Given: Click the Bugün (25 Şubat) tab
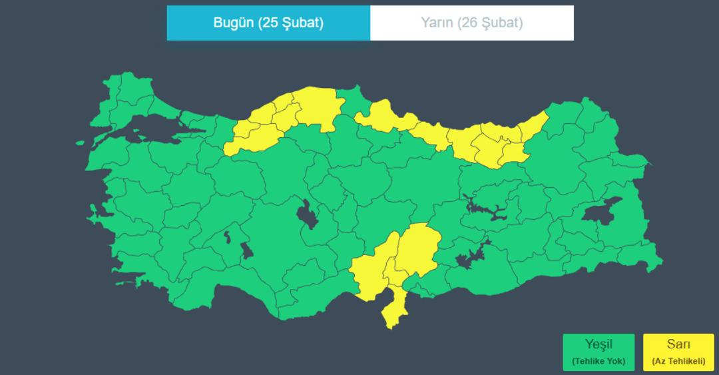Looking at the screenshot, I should (268, 23).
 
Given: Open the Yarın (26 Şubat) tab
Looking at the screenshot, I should (471, 23).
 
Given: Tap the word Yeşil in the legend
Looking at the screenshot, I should (598, 344).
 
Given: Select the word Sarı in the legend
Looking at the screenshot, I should (678, 344).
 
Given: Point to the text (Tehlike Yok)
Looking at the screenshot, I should (598, 362).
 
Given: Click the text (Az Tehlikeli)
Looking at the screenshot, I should (678, 362).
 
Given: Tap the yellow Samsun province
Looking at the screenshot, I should (386, 117).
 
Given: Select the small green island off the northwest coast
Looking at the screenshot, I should (80, 143).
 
